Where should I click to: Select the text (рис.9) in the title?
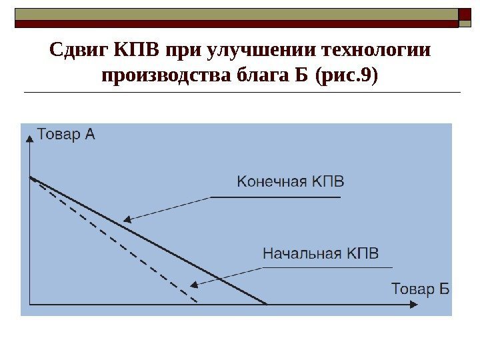point(348,76)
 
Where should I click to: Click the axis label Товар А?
point(66,134)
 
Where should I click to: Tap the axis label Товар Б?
point(420,289)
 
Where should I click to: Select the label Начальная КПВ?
point(321,254)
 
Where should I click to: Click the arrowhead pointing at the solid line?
point(127,219)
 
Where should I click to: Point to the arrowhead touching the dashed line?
point(194,285)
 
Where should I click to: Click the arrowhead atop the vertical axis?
point(30,137)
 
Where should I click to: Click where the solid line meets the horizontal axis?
point(267,304)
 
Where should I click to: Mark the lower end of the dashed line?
point(198,303)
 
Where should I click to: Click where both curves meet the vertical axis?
point(31,178)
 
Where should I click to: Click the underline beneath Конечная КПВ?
point(275,197)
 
